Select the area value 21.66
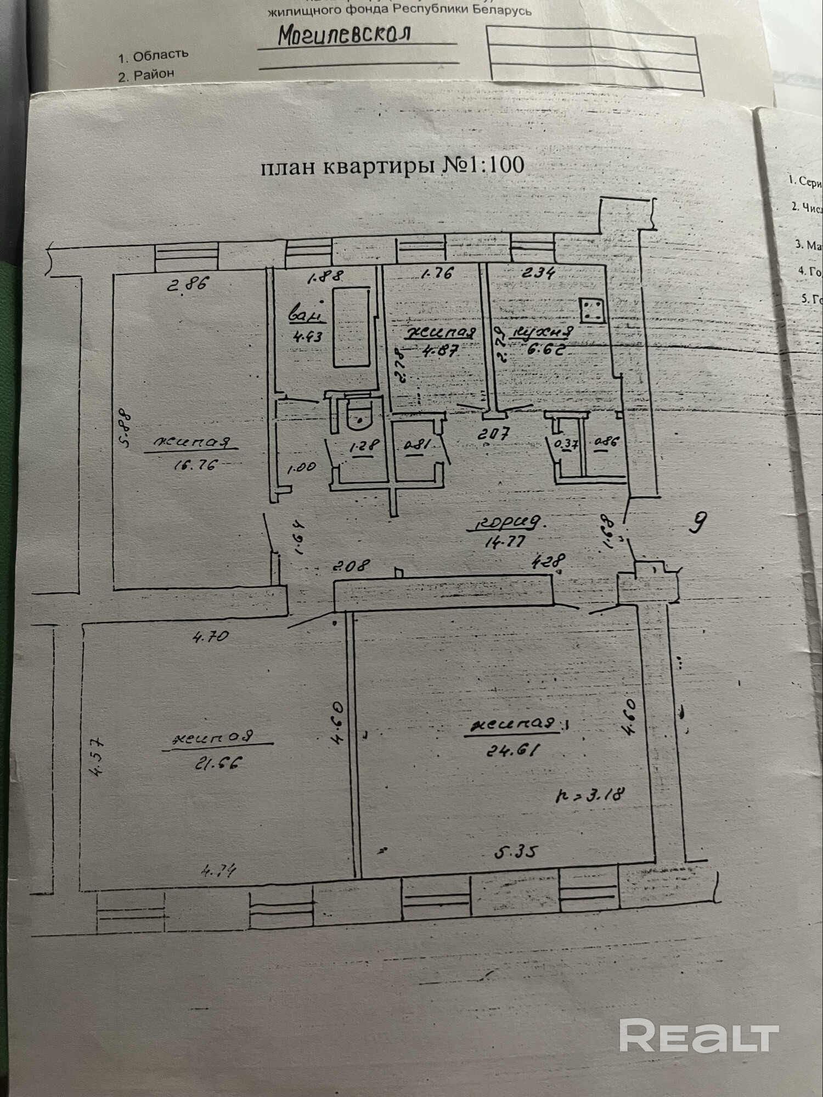(x=218, y=763)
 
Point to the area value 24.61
(x=514, y=749)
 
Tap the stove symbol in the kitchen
(x=592, y=310)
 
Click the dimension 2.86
(x=188, y=284)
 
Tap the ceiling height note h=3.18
(x=590, y=795)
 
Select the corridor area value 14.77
(x=505, y=542)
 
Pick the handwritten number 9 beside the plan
(x=697, y=522)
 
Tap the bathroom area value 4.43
(x=307, y=336)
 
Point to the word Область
(x=161, y=55)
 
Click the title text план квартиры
(x=350, y=166)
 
